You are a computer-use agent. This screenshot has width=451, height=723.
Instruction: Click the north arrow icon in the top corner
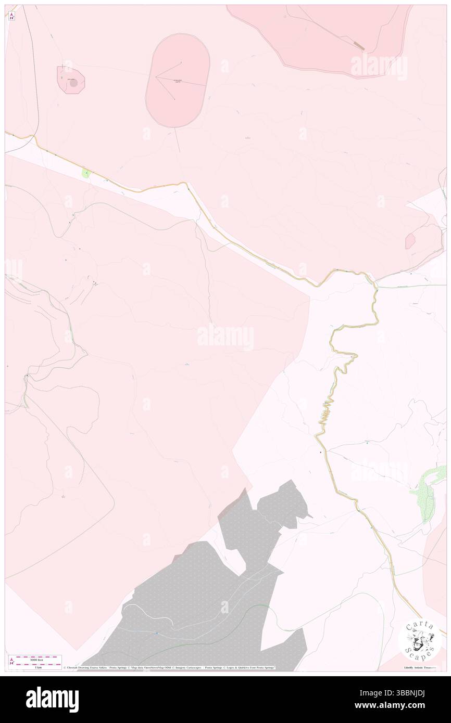[x=11, y=16]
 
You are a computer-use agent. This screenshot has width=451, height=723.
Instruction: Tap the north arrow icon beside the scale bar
[x=11, y=661]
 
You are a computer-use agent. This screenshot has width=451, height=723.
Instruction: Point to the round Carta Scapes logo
[x=420, y=640]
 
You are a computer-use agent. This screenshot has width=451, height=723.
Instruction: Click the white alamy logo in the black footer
[x=52, y=700]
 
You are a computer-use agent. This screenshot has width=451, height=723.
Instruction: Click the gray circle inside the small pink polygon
[x=73, y=82]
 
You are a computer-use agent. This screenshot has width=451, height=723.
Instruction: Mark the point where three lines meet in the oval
[x=156, y=77]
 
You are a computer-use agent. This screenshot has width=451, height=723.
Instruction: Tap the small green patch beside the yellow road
[x=86, y=173]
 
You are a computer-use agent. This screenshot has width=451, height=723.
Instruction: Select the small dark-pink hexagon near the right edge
[x=410, y=241]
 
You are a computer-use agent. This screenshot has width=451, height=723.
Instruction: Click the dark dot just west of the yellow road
[x=320, y=452]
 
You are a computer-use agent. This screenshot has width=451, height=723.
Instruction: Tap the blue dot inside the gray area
[x=157, y=632]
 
